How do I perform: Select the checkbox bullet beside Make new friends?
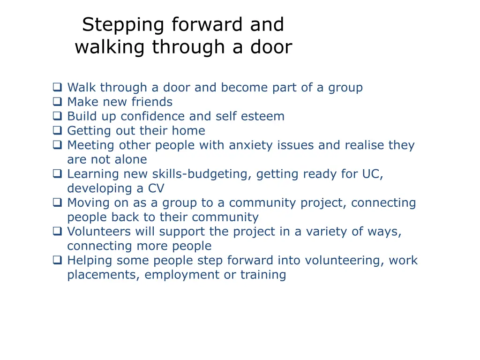tap(57, 102)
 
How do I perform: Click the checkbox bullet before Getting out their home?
tap(57, 130)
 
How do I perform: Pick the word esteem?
tap(264, 116)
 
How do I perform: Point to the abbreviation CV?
tap(156, 188)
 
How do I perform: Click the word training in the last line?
tap(263, 275)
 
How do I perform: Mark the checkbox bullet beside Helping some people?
tap(57, 260)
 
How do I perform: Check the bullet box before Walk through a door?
tap(57, 87)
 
